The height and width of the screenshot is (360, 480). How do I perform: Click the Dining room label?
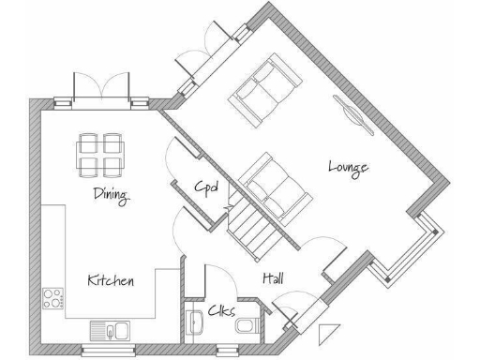pyautogui.click(x=111, y=195)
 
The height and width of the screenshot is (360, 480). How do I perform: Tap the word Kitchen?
pyautogui.click(x=111, y=280)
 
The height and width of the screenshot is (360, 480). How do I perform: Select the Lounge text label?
pyautogui.click(x=348, y=167)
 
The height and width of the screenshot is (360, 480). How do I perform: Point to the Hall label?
pyautogui.click(x=274, y=279)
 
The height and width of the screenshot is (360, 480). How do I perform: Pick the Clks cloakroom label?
pyautogui.click(x=222, y=310)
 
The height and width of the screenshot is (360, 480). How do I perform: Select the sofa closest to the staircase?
pyautogui.click(x=272, y=184)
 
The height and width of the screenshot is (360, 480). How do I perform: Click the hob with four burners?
pyautogui.click(x=52, y=300)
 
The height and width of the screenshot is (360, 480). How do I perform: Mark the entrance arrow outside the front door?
pyautogui.click(x=325, y=332)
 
